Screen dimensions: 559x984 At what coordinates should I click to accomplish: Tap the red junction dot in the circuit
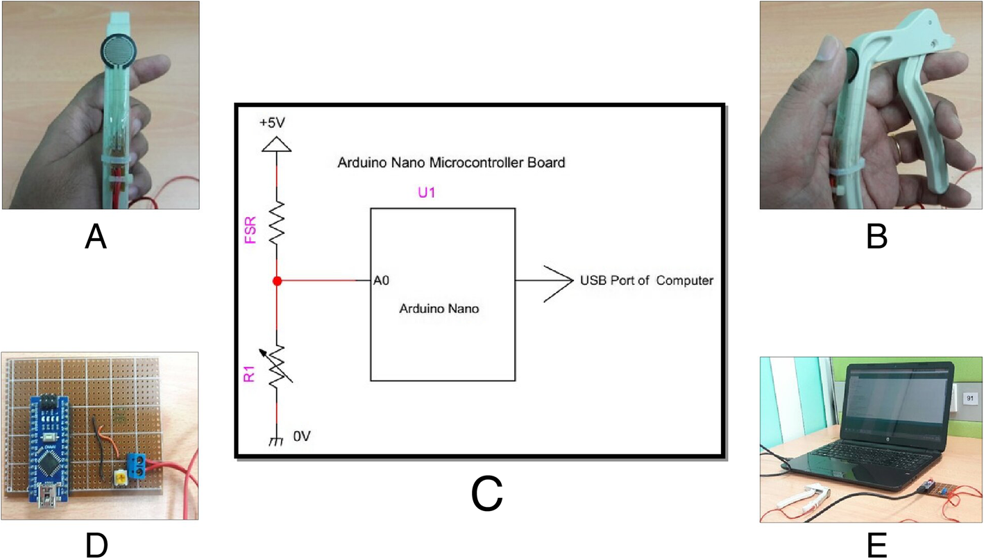pos(277,281)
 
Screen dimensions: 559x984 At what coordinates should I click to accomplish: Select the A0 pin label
pos(380,281)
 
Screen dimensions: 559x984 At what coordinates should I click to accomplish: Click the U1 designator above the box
pos(425,194)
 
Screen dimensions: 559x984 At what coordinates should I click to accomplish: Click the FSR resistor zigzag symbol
pos(277,222)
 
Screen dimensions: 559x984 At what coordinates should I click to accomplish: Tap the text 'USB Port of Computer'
pos(646,281)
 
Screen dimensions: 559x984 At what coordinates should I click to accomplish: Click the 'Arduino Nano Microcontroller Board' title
pos(450,163)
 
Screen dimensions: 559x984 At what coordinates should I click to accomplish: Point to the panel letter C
pos(486,495)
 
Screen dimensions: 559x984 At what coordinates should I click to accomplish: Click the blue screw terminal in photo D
pos(139,466)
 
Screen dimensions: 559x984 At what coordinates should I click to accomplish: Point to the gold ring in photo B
pos(897,145)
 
